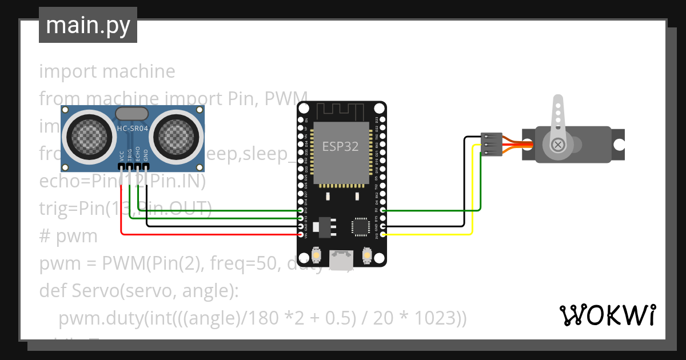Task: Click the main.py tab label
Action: pyautogui.click(x=87, y=25)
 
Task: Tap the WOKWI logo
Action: pyautogui.click(x=607, y=315)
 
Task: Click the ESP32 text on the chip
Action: pyautogui.click(x=340, y=146)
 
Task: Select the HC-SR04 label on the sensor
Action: pyautogui.click(x=133, y=129)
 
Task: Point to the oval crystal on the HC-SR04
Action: pyautogui.click(x=132, y=113)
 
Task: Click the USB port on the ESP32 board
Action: pyautogui.click(x=342, y=260)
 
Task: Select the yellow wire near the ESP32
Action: pyautogui.click(x=429, y=234)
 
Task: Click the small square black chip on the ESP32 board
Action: pyautogui.click(x=361, y=226)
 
